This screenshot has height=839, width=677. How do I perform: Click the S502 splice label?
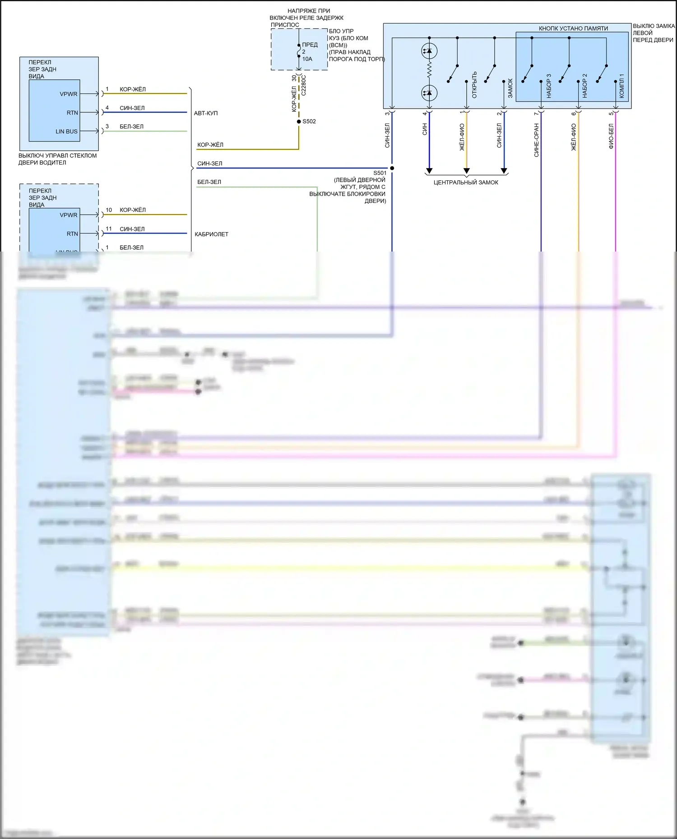309,121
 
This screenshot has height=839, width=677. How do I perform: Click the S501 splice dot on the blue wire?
392,168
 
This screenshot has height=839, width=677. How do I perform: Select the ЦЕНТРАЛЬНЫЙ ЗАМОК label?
466,183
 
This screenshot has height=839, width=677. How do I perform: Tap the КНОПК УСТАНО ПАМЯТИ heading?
573,28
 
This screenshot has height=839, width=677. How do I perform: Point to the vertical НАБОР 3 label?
549,86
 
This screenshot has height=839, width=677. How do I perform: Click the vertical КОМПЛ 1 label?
621,86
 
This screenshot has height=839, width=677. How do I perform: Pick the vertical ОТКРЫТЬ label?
474,85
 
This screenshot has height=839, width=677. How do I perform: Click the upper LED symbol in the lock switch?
429,51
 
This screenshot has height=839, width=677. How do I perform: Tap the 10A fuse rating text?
307,59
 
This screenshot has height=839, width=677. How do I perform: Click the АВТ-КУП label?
206,113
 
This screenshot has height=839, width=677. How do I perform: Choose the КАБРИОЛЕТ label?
211,234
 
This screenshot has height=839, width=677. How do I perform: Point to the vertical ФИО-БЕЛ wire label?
611,136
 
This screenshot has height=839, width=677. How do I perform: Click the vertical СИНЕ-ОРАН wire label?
537,140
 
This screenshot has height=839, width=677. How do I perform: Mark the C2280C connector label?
304,85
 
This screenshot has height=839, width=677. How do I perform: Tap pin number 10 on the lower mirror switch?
109,210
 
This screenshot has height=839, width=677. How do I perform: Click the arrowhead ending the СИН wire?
429,171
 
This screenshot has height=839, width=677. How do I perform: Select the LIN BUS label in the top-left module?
66,132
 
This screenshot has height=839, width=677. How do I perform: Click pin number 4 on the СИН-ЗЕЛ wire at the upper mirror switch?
107,108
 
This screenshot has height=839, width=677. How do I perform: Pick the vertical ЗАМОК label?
510,88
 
